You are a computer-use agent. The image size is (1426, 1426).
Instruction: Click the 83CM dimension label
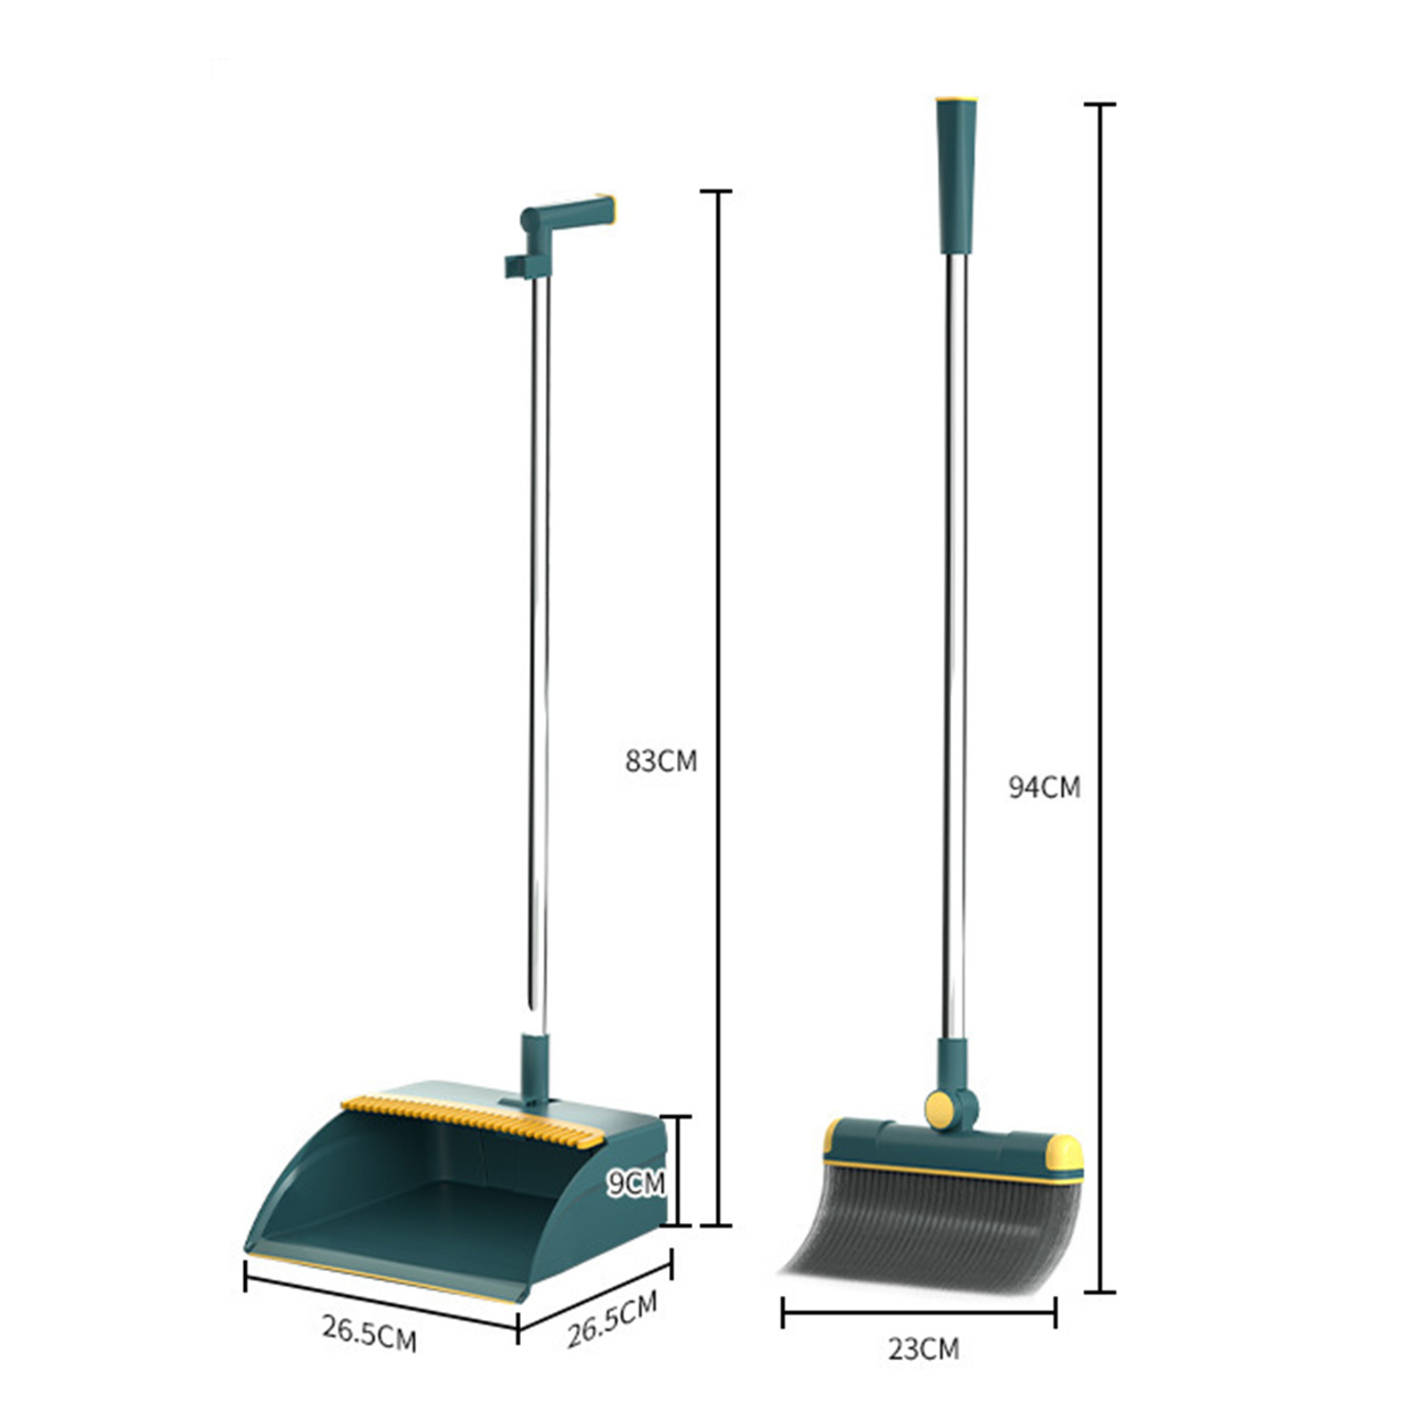click(661, 762)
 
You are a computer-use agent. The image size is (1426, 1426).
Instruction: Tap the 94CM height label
click(1044, 787)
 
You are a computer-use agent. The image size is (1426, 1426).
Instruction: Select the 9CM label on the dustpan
click(636, 1183)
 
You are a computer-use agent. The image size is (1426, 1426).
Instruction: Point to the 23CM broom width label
click(924, 1349)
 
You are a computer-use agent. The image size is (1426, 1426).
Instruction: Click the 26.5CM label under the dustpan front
click(370, 1333)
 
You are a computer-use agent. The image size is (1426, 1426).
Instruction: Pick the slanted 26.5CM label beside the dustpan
click(613, 1319)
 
